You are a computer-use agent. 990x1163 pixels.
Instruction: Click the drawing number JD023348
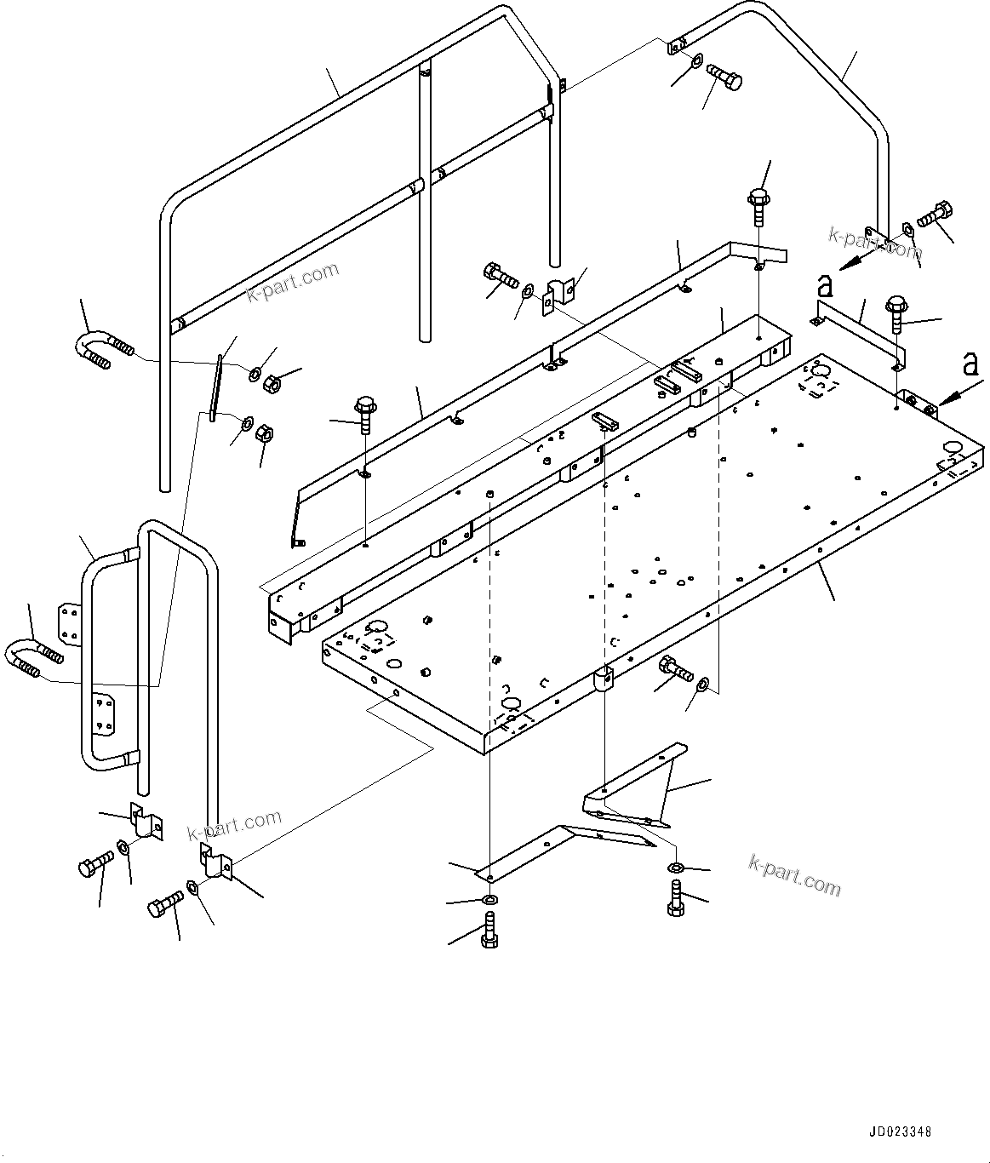pyautogui.click(x=900, y=1131)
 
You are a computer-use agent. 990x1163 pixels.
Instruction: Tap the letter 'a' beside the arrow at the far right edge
pyautogui.click(x=970, y=365)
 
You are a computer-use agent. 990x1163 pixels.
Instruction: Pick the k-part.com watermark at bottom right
pyautogui.click(x=794, y=875)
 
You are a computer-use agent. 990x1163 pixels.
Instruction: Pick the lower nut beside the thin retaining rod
pyautogui.click(x=264, y=432)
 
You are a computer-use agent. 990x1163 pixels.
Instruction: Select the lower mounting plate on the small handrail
pyautogui.click(x=103, y=713)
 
